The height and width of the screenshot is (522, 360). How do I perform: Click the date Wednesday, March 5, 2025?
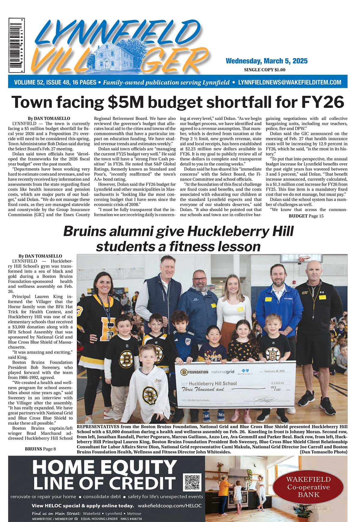pos(266,61)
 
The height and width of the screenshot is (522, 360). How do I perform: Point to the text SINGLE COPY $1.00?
pos(265,70)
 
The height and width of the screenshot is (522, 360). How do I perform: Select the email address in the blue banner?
pos(289,82)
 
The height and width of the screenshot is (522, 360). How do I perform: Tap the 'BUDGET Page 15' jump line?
pos(306,216)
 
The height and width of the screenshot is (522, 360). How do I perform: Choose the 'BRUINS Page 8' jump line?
pos(40,449)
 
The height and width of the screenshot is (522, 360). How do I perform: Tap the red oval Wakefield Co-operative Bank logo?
pos(308,487)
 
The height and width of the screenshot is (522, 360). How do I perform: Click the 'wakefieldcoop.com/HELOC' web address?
pos(170,505)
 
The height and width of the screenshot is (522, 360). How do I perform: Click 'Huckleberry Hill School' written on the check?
pos(213,383)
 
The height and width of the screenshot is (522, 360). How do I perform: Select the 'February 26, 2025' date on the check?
pos(274,371)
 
